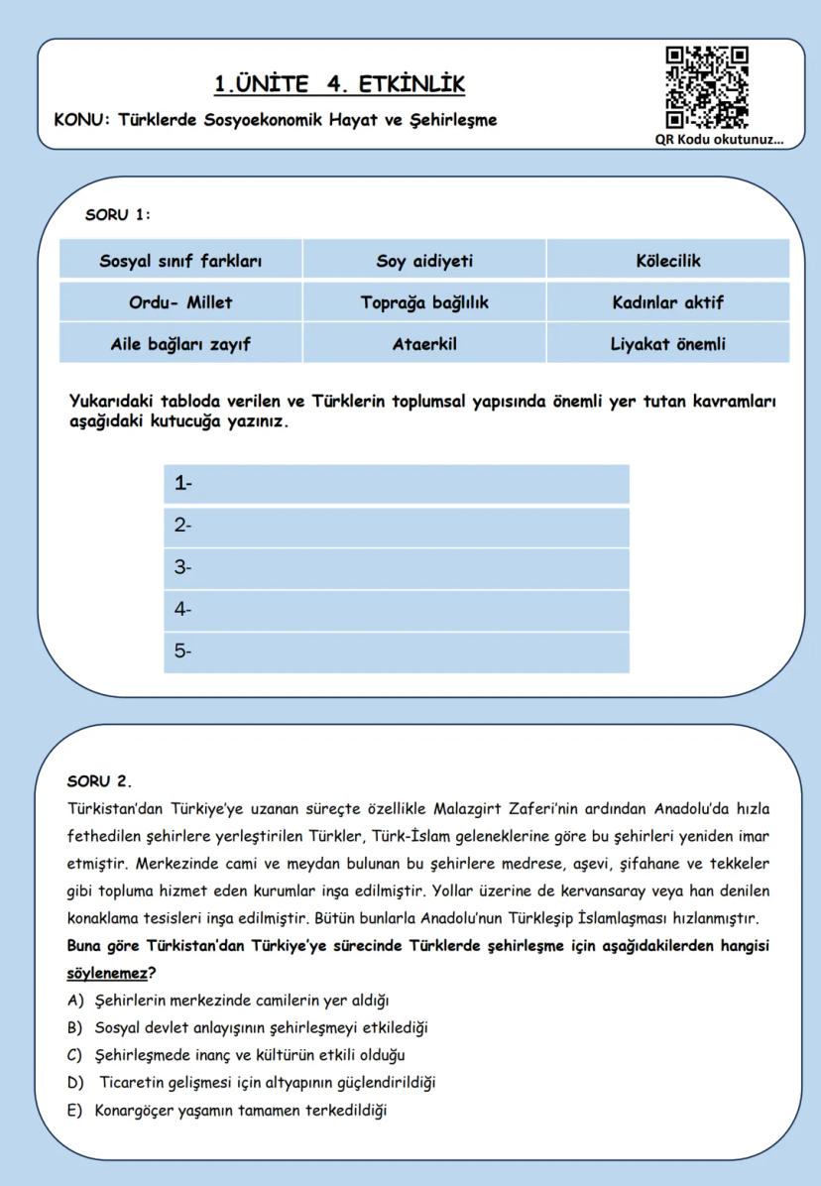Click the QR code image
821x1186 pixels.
[706, 88]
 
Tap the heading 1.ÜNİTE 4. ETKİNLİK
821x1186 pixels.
[339, 84]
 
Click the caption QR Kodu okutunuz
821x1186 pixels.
[718, 139]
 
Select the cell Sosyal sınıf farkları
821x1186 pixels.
[180, 261]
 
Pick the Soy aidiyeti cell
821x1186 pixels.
[424, 261]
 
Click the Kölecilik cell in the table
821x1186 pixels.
[667, 261]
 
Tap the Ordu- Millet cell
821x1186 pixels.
[180, 302]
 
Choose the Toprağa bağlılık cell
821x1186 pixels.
[424, 302]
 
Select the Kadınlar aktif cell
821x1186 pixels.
[667, 302]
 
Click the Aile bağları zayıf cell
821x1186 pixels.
[180, 344]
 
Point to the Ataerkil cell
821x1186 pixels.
[424, 344]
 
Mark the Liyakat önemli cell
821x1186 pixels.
[667, 344]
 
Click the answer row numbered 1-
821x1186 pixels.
[397, 484]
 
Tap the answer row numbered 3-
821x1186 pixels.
[397, 568]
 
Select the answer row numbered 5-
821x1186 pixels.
[397, 652]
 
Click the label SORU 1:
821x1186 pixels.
[118, 214]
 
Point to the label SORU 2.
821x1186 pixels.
[99, 781]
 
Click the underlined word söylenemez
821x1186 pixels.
[105, 973]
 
